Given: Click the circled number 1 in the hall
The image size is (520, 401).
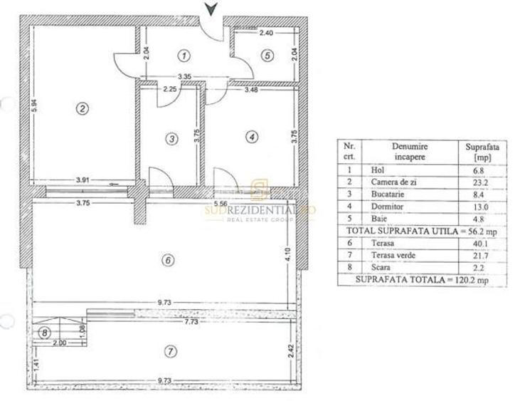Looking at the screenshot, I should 184,55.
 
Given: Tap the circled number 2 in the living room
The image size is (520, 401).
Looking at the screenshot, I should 83,108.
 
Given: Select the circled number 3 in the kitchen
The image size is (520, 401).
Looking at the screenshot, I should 171,139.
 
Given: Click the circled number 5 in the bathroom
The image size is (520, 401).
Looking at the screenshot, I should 266,55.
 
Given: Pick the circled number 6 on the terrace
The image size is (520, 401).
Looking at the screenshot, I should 168,260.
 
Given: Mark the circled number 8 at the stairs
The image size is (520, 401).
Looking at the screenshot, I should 45,333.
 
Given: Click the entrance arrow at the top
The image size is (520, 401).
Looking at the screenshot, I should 211,9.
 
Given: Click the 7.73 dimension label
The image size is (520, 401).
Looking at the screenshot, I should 190,323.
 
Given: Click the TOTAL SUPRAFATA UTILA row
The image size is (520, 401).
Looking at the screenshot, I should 421,231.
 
